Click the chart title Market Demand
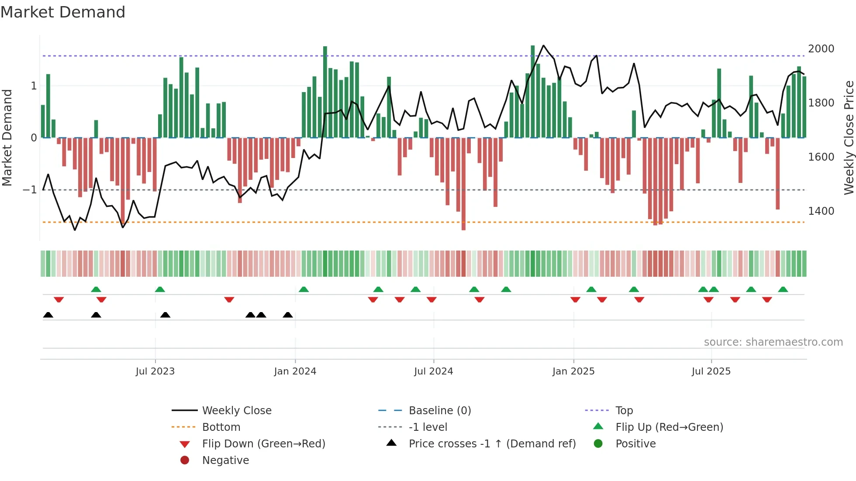point(63,12)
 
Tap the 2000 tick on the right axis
point(821,49)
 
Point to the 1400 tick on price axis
point(821,211)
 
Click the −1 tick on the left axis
point(30,190)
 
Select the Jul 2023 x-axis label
point(155,371)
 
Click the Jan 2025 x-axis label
point(573,371)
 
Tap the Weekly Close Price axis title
point(849,137)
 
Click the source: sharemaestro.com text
point(773,342)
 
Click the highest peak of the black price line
point(543,45)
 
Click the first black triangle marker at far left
point(48,315)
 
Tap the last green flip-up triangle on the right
point(783,289)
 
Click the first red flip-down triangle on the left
point(59,299)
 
